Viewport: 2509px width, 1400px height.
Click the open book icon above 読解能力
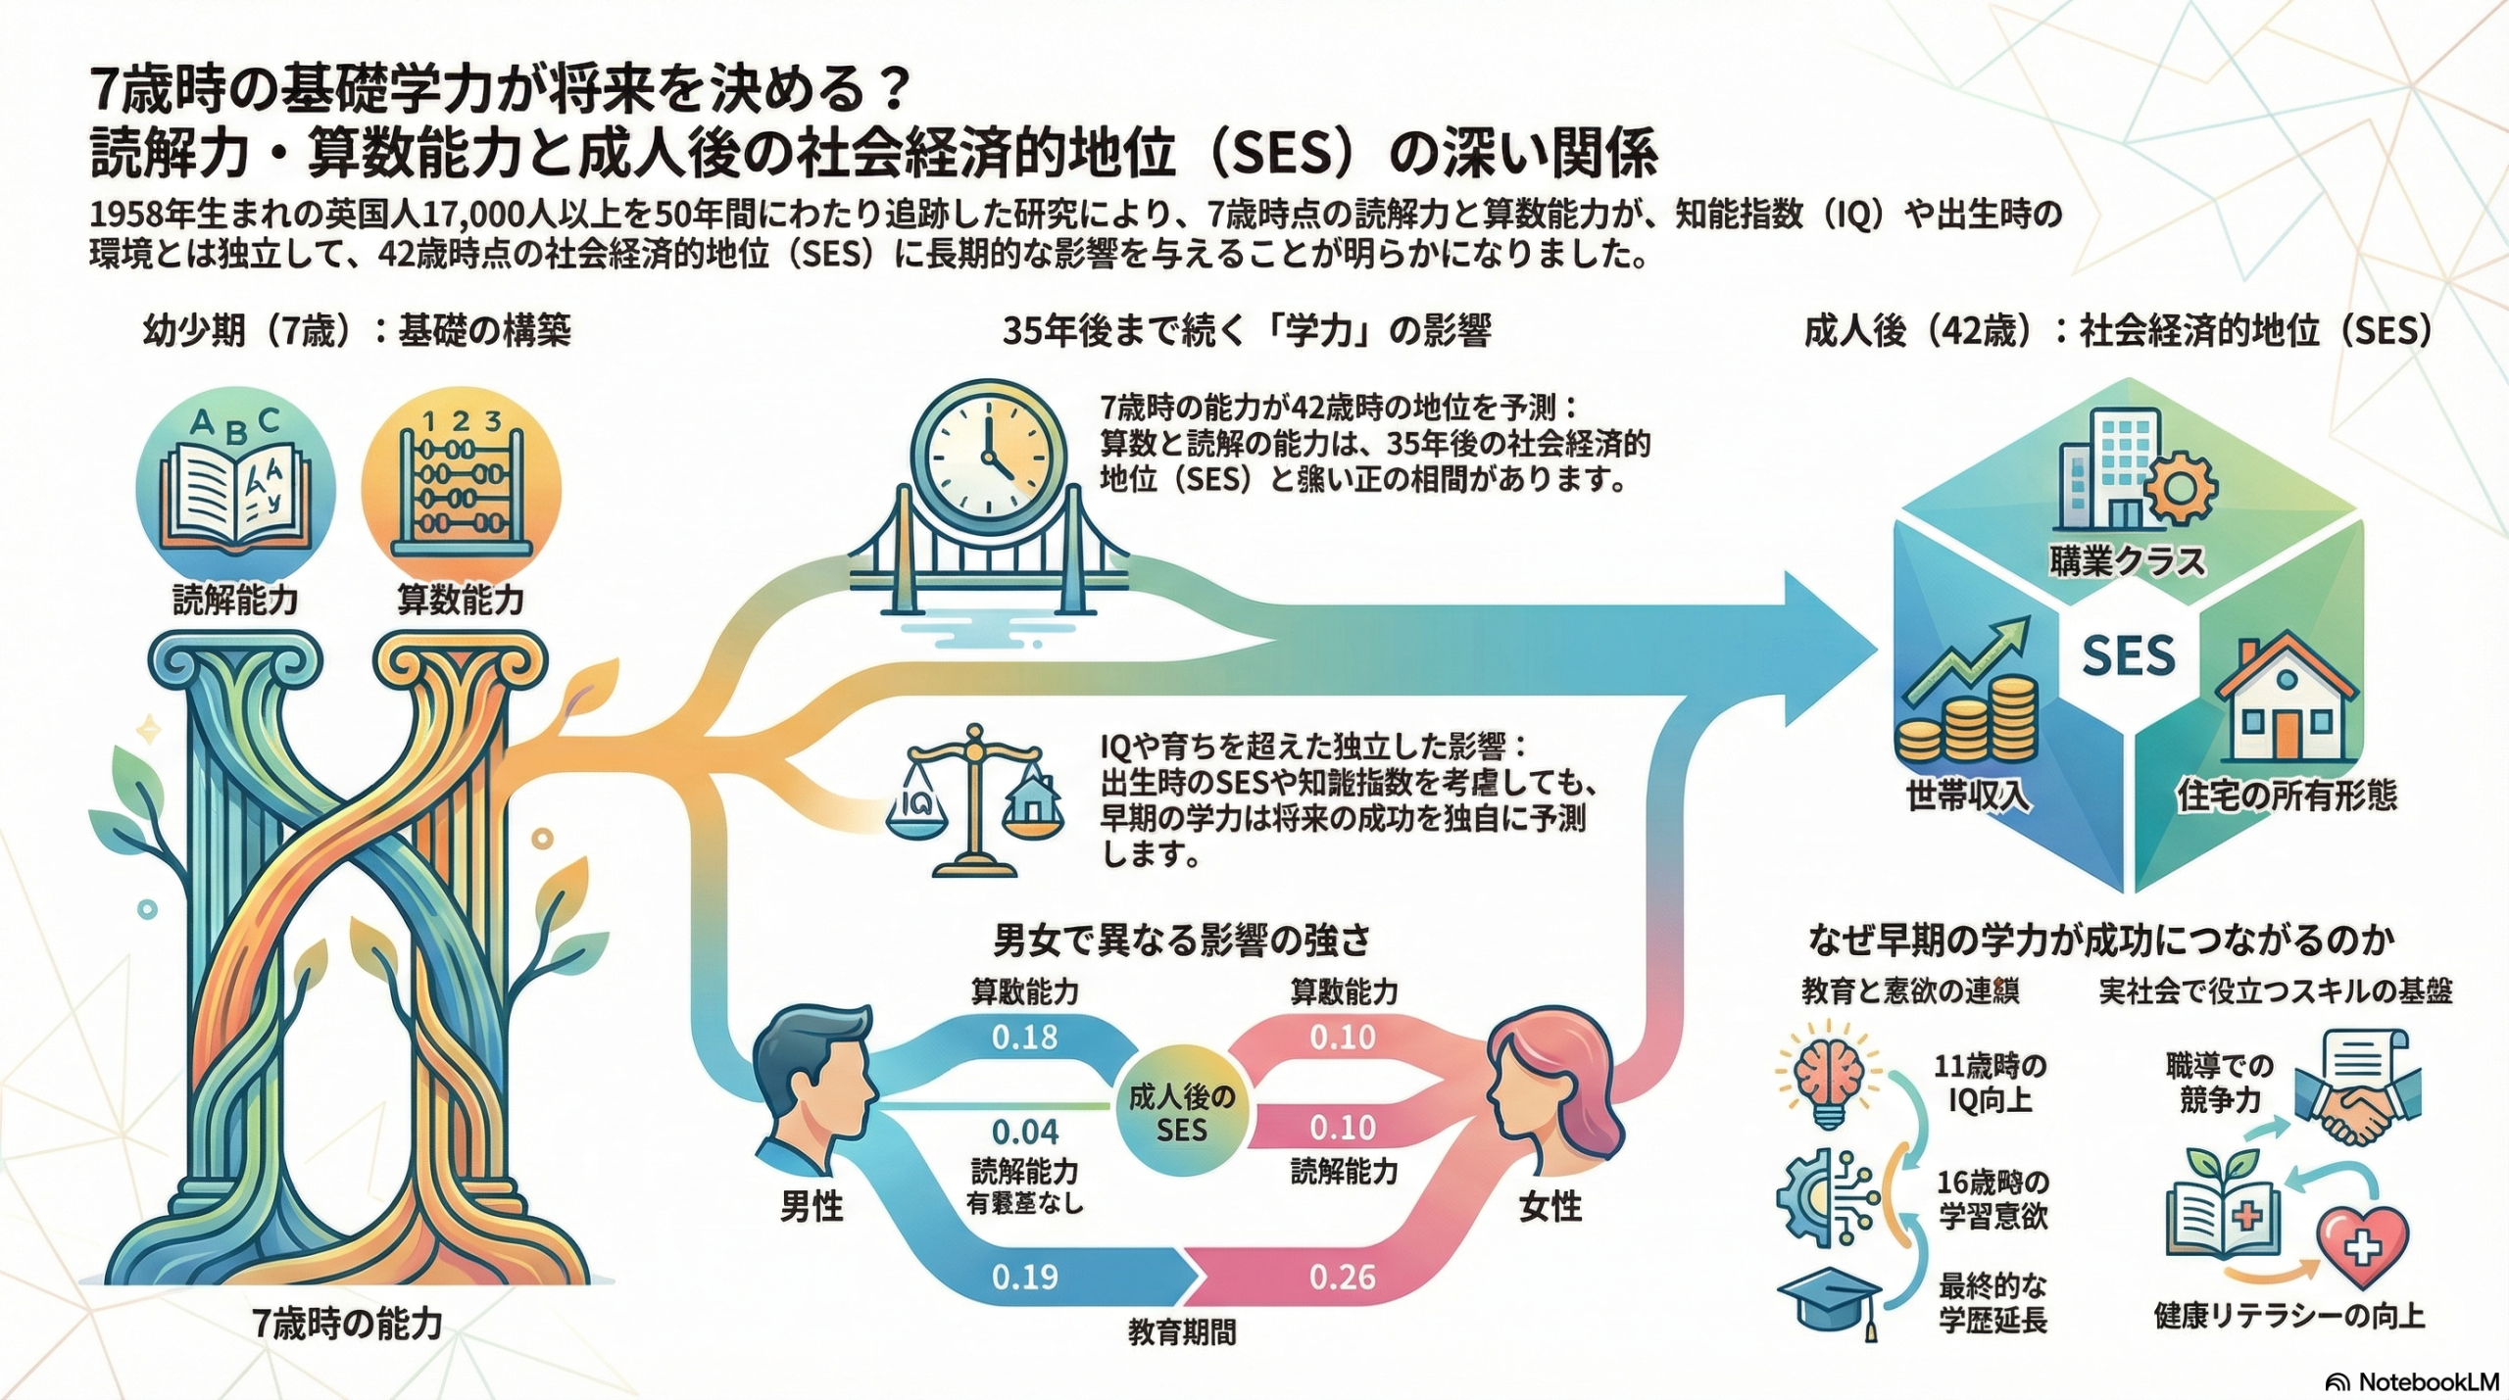235,494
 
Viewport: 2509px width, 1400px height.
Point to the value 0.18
1025,1037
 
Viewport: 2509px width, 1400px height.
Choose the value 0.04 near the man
1025,1132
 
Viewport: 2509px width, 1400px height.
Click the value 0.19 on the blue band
1025,1277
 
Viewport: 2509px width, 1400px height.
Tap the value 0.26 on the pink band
1343,1277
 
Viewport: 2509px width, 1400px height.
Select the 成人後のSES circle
1182,1114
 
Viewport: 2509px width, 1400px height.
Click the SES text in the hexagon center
2128,654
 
